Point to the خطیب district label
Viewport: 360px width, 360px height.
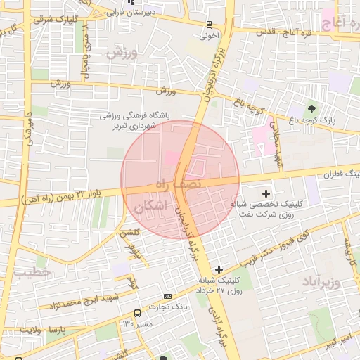(x=32, y=271)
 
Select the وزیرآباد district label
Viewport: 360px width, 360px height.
(x=321, y=282)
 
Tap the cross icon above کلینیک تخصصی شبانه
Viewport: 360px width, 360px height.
(x=266, y=193)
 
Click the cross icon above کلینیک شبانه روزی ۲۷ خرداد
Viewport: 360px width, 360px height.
(x=219, y=269)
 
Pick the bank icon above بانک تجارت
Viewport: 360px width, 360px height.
(x=167, y=296)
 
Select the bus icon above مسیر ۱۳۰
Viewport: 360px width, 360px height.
(x=137, y=313)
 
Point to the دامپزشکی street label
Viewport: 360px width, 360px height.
(x=28, y=126)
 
